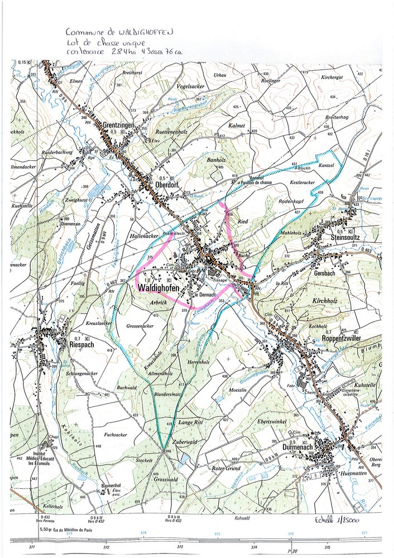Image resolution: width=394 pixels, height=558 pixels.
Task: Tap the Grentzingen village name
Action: [119, 126]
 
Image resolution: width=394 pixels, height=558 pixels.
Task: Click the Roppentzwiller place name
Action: [347, 338]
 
